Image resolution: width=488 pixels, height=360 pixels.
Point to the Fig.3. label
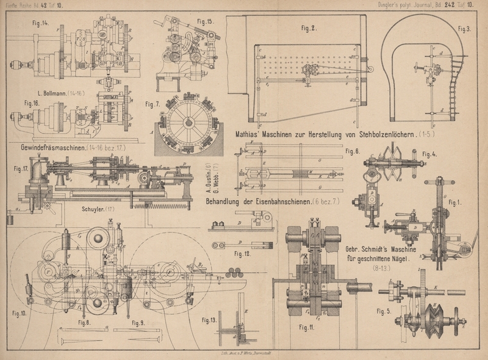point(464,28)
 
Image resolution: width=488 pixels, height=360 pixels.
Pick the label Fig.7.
point(152,104)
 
